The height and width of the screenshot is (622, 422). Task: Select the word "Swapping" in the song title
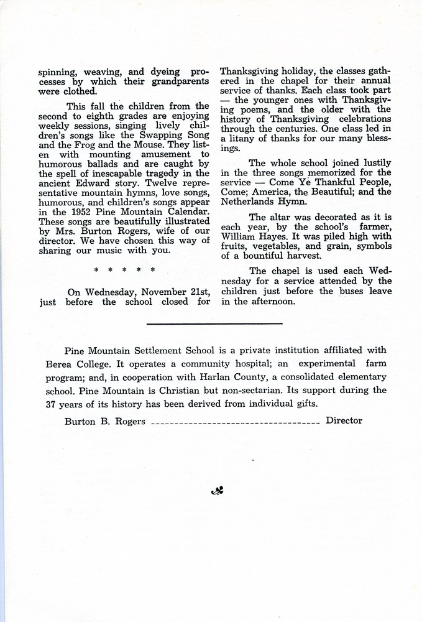click(147, 135)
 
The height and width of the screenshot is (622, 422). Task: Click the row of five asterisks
click(124, 270)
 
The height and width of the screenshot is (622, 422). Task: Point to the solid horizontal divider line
click(214, 323)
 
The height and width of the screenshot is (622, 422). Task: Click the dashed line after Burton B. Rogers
click(235, 422)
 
